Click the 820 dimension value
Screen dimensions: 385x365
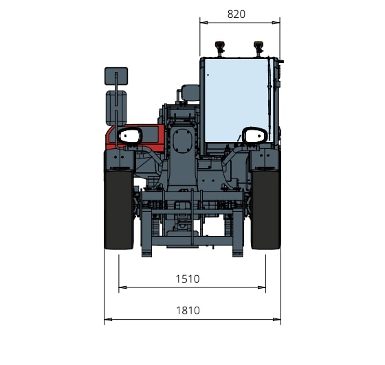coord(236,14)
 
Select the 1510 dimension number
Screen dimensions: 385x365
coord(188,279)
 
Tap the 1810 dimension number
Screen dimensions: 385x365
coord(188,311)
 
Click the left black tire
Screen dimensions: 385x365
coord(119,210)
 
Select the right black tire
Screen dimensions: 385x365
coord(265,210)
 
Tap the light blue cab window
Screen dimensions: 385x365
coord(238,100)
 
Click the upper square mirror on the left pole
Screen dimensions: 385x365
coord(116,76)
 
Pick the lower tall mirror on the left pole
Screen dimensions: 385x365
coord(116,108)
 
